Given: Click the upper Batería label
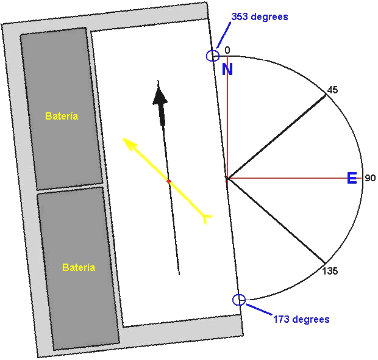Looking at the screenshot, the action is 62,116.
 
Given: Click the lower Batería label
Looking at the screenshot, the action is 79,267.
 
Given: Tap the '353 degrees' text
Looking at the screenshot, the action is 260,17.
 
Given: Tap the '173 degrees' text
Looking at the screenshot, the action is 301,320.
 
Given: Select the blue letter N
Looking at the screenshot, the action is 227,69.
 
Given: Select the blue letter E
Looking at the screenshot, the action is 352,178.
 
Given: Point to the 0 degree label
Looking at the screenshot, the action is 227,50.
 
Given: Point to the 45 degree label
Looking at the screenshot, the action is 332,90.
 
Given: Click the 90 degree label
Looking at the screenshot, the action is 370,178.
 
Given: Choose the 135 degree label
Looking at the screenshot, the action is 330,271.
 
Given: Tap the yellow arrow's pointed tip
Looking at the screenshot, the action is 123,139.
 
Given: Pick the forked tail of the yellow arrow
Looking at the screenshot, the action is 206,218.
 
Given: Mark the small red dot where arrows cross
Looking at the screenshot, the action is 168,181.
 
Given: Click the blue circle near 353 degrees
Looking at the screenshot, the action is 213,56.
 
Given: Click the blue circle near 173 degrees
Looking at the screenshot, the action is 239,300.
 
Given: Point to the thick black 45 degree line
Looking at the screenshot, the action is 276,137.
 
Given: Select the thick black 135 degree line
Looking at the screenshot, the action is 276,220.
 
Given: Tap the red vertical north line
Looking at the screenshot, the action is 227,117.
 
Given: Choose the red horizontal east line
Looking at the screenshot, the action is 294,178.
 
